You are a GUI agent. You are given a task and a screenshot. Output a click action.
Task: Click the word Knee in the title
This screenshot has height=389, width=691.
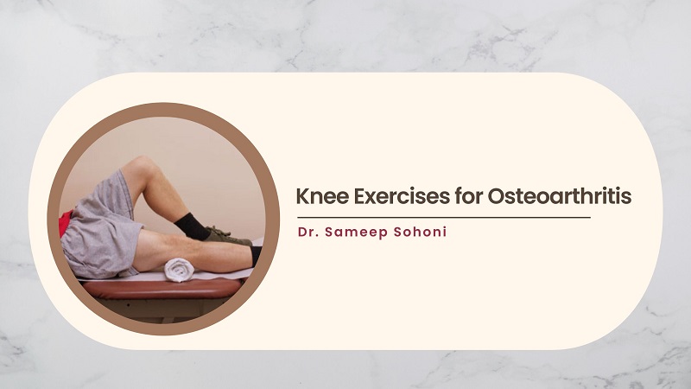322,196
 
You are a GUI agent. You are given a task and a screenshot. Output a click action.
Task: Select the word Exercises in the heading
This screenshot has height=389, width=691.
402,196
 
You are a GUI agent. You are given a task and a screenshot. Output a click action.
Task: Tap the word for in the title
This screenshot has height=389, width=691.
468,196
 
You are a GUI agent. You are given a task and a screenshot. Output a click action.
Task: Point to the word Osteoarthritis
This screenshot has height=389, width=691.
560,196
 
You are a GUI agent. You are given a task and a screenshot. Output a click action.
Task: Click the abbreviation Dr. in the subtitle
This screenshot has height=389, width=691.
308,232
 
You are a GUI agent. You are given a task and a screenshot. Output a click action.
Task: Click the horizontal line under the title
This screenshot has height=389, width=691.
444,218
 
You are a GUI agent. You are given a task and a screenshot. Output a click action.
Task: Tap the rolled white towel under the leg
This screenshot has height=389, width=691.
180,270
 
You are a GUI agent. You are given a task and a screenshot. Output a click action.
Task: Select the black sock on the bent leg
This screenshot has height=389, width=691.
192,226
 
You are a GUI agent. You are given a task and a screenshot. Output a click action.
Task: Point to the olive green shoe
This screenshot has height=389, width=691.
227,236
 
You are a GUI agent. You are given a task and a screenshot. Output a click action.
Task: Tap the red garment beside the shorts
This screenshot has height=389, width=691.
65,223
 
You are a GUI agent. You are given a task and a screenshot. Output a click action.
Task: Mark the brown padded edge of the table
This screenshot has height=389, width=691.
162,289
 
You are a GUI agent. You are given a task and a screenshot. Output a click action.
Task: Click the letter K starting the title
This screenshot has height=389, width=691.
303,197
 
